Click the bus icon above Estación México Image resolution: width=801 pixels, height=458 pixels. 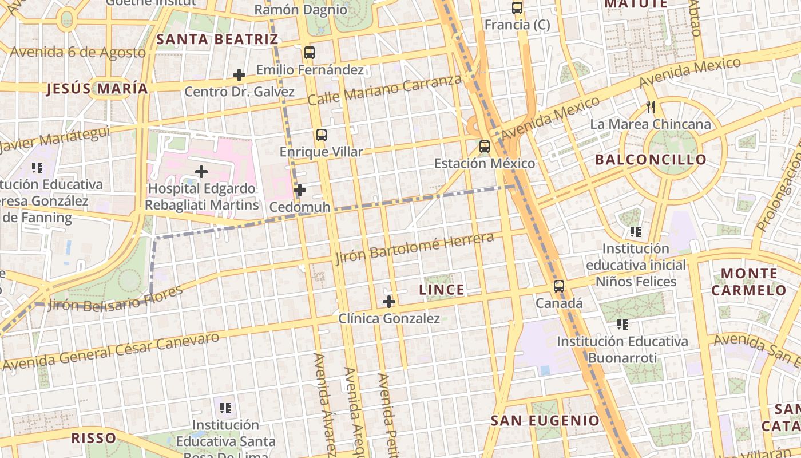[x=485, y=146]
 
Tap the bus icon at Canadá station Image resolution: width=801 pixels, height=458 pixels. [x=559, y=286]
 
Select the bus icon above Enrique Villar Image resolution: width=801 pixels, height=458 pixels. [x=322, y=135]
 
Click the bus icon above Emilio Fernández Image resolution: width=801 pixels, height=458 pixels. [x=310, y=53]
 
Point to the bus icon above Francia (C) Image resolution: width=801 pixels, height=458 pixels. [x=517, y=8]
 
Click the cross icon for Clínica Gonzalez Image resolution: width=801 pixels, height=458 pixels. [x=389, y=301]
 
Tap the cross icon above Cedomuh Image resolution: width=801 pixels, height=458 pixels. [x=300, y=190]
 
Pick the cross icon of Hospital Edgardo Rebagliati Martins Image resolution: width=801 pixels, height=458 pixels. [x=201, y=171]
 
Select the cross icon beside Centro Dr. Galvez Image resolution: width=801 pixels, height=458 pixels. [x=239, y=75]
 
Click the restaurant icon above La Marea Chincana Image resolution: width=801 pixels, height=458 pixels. [x=650, y=107]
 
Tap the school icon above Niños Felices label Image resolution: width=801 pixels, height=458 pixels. [x=635, y=232]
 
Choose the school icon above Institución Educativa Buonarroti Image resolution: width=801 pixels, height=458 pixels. [x=622, y=325]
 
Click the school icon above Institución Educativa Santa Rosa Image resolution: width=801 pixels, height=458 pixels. [x=225, y=408]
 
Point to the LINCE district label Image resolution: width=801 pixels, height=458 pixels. [x=442, y=290]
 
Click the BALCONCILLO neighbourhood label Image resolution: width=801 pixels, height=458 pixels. [x=651, y=159]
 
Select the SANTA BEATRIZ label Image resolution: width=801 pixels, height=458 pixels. [x=217, y=40]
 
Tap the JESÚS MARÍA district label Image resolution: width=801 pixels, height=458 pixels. [x=97, y=89]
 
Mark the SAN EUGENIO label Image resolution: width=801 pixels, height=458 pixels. [x=545, y=421]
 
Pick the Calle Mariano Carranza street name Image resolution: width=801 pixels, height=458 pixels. [x=384, y=90]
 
